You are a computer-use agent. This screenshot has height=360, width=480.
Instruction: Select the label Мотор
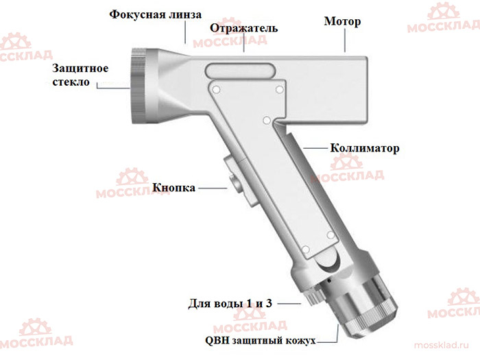342,21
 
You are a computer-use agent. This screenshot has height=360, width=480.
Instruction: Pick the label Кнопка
173,187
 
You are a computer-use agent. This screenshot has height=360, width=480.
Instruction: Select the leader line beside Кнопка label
211,187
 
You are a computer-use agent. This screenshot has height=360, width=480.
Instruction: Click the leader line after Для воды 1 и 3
289,302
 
